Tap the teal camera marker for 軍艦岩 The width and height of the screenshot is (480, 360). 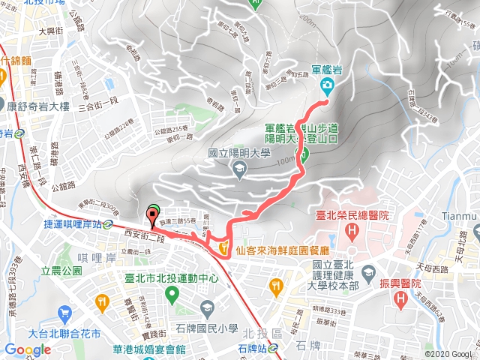(x=327, y=85)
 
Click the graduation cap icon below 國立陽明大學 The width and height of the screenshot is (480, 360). (x=238, y=170)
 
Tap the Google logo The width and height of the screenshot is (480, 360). (x=28, y=349)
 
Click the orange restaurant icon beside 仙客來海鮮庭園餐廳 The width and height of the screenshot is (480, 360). (x=223, y=247)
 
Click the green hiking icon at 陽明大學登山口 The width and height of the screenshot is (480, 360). (x=305, y=156)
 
